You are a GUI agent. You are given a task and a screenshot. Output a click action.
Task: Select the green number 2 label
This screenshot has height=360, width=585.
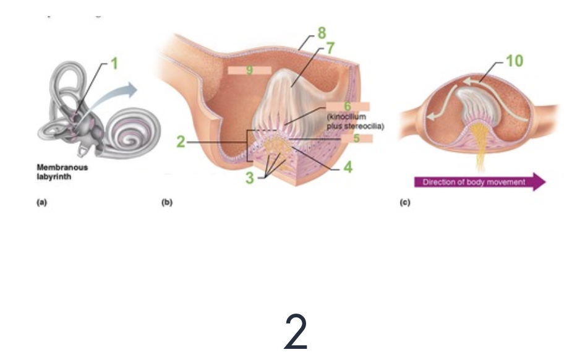pyautogui.click(x=180, y=142)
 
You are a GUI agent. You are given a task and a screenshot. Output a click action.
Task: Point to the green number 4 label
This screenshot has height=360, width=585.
pyautogui.click(x=348, y=167)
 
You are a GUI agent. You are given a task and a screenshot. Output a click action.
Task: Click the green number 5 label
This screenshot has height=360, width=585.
pyautogui.click(x=356, y=138)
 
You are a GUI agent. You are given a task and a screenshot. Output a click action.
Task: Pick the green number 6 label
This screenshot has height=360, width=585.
pyautogui.click(x=348, y=106)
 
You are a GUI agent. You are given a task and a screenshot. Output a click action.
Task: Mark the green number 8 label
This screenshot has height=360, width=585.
pyautogui.click(x=322, y=33)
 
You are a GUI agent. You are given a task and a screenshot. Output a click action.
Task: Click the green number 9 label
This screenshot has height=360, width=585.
pyautogui.click(x=249, y=70)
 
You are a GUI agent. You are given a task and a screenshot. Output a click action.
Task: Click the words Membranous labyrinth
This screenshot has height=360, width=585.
pyautogui.click(x=62, y=171)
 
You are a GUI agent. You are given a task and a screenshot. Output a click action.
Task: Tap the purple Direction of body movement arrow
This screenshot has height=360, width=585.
pyautogui.click(x=480, y=182)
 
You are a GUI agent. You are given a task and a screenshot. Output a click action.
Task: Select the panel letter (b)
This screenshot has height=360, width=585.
pyautogui.click(x=166, y=202)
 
